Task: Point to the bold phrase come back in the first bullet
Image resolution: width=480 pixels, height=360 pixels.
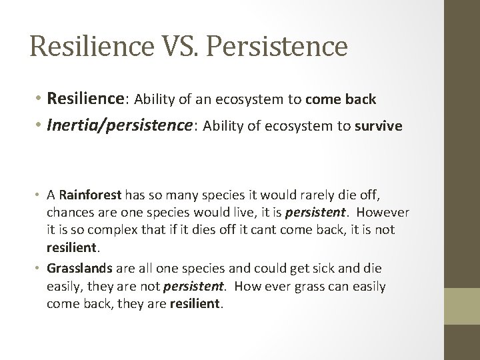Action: pos(341,100)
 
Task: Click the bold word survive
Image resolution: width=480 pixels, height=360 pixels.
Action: pos(379,127)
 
